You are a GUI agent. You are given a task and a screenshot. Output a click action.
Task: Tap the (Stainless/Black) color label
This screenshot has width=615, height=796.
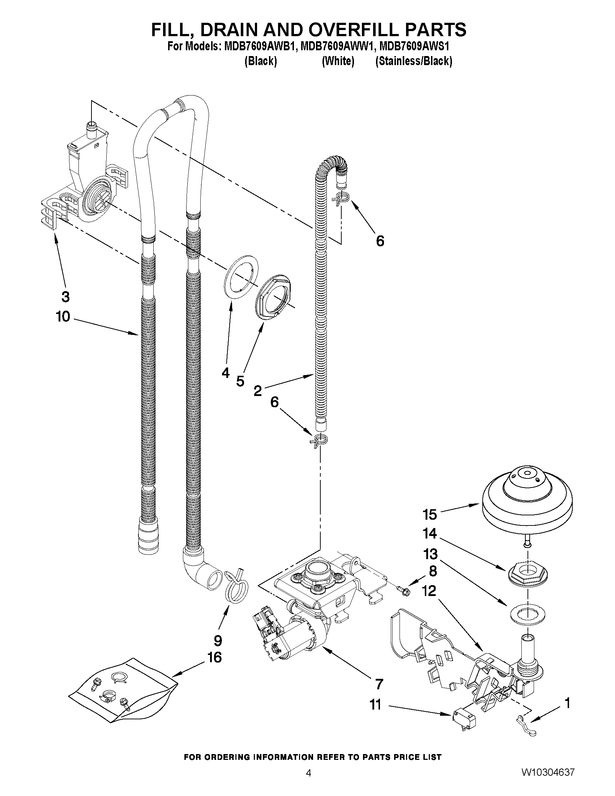click(x=414, y=61)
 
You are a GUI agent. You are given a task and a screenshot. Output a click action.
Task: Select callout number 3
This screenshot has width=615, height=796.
click(x=65, y=297)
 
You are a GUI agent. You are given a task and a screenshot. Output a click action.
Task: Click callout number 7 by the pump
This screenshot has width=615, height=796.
click(x=379, y=685)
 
